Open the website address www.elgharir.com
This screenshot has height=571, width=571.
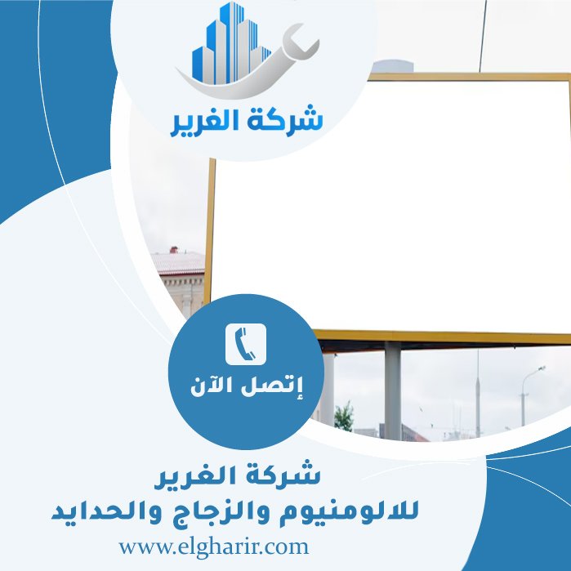point(213,546)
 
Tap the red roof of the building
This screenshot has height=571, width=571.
point(179,262)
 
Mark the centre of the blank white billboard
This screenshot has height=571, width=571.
point(392,204)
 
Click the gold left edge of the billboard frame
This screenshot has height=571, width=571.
point(210,229)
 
